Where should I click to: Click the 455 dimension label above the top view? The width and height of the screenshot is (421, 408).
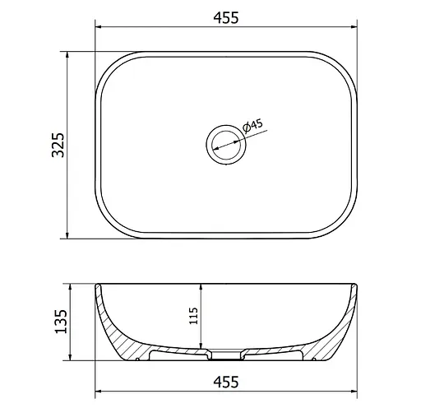pos(226,17)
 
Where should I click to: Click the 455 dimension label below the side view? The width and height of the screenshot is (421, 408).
pos(226,382)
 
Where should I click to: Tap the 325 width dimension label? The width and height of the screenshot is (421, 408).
pos(58,145)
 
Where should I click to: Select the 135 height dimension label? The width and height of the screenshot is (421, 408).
pos(61,322)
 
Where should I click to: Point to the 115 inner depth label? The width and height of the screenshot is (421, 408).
pos(193,316)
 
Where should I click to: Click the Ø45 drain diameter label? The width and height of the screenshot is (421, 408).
pos(252,126)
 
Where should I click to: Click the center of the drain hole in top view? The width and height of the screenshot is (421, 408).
pos(226,145)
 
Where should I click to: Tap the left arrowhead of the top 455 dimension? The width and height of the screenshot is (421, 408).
pos(98,27)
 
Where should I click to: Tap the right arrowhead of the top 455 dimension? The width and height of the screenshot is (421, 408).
pos(354,27)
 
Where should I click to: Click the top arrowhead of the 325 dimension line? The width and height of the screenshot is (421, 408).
pos(67,54)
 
